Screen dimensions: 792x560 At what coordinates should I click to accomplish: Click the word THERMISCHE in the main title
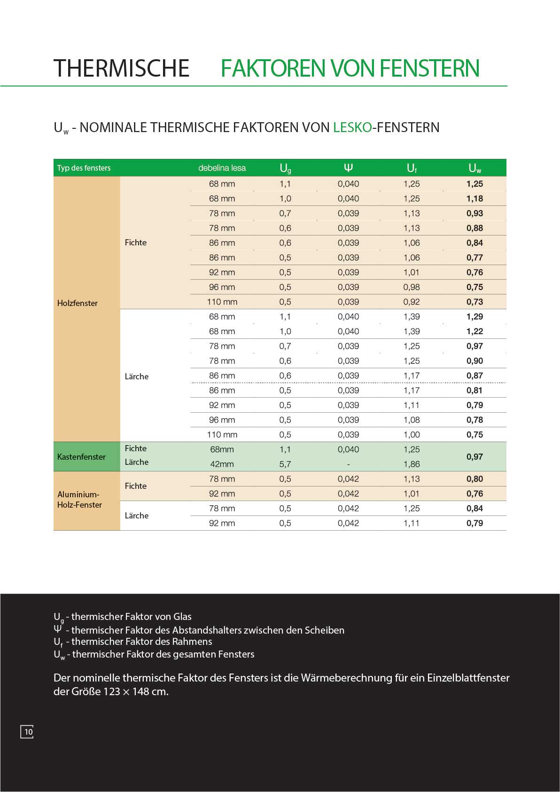point(121,69)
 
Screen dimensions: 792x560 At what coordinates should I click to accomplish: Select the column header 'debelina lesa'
point(222,168)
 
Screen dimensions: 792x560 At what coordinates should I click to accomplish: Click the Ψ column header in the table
point(348,168)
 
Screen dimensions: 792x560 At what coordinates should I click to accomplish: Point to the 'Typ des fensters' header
point(84,168)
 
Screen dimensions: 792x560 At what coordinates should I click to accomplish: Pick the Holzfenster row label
point(78,303)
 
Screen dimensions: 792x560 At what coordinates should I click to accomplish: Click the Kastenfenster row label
point(81,456)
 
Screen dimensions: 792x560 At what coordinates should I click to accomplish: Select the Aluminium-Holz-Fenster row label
point(79,500)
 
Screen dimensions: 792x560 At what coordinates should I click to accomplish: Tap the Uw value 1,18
point(474,198)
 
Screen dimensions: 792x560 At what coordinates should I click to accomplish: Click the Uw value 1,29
point(474,316)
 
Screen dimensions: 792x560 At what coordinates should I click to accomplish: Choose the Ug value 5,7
point(285,464)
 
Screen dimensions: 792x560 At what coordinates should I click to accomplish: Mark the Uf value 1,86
point(412,464)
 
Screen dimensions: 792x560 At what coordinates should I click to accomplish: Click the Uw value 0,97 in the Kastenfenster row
point(474,456)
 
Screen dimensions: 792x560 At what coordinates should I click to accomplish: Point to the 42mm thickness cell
point(222,464)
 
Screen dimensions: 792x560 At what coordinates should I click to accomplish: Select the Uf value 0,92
point(412,302)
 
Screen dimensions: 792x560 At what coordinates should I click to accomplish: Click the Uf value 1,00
point(412,434)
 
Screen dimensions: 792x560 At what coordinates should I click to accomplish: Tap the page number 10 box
point(27,731)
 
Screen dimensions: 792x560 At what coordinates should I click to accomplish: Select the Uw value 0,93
point(474,213)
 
